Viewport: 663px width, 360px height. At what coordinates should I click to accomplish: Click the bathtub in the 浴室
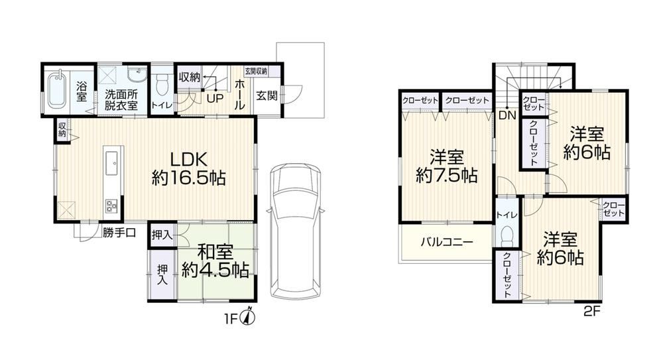56,91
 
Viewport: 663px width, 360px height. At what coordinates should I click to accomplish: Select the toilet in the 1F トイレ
162,86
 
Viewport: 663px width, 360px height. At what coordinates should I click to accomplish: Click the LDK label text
188,160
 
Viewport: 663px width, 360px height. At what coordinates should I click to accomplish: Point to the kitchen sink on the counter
113,162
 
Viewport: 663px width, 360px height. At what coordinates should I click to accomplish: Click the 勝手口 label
119,233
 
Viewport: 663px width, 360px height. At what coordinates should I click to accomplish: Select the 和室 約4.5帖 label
215,262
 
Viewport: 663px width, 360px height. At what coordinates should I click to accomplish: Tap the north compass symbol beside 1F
248,317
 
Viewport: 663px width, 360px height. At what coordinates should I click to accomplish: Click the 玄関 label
267,95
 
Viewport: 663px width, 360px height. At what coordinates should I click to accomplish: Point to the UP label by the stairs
215,99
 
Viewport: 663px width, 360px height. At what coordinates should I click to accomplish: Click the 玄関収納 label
256,71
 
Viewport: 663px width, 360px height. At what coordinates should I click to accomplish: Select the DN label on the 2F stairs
507,115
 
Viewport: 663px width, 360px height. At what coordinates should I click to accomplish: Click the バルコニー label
446,243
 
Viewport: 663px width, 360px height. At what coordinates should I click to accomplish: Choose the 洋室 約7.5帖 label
447,166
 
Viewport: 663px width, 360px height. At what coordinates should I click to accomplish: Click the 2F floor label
592,312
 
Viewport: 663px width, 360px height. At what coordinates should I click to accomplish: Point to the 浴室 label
82,91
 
